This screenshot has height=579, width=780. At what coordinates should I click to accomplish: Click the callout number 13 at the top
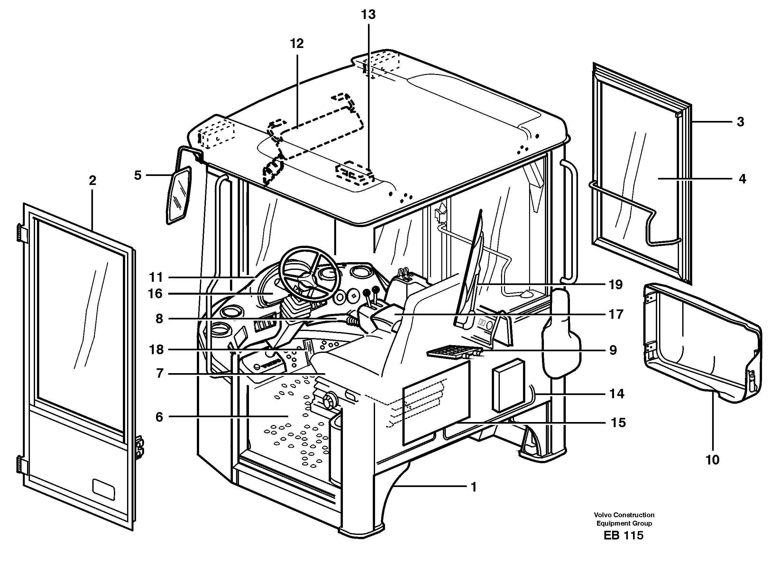[x=368, y=15]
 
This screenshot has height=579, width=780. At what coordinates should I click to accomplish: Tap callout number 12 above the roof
[x=297, y=44]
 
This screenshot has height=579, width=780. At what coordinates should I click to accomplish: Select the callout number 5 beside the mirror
[x=138, y=175]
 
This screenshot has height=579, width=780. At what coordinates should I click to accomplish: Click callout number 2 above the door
[x=92, y=180]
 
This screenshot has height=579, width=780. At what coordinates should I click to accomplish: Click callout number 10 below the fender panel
[x=712, y=459]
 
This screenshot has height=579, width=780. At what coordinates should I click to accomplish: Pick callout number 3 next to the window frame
[x=740, y=122]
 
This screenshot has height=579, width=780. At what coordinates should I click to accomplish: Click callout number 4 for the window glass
[x=742, y=179]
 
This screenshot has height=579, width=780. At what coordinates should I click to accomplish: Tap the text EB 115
[x=623, y=536]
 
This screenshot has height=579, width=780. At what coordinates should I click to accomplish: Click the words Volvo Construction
[x=624, y=515]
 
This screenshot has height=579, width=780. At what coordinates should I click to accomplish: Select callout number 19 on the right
[x=615, y=285]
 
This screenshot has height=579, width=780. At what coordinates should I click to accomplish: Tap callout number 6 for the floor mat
[x=159, y=417]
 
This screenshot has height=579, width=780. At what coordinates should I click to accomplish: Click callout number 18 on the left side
[x=156, y=349]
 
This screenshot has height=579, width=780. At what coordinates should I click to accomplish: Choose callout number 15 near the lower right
[x=618, y=423]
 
